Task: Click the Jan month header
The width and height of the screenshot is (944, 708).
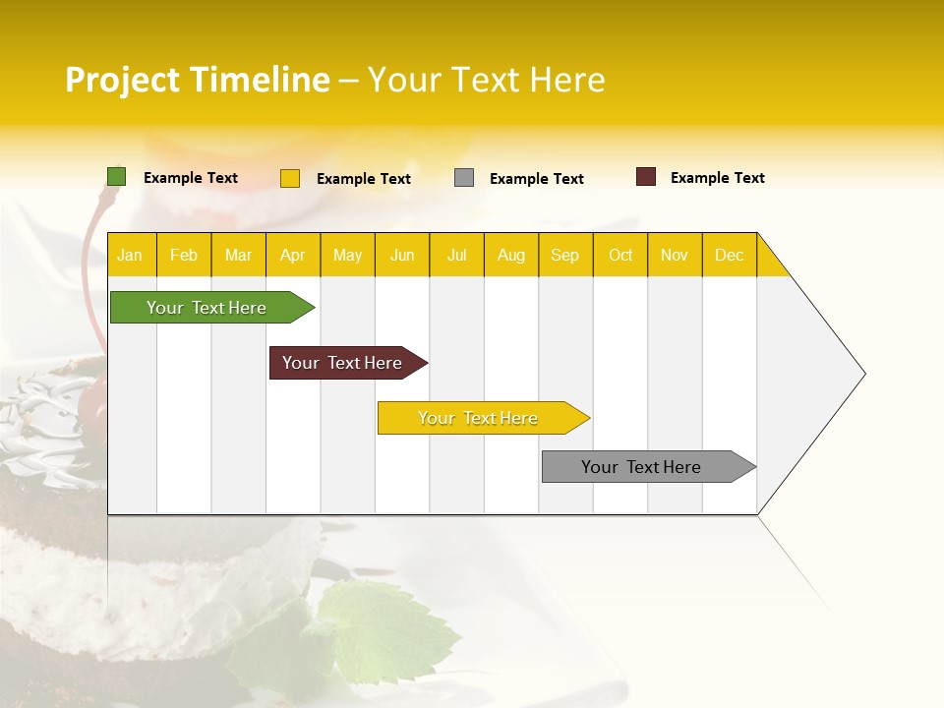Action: click(x=130, y=255)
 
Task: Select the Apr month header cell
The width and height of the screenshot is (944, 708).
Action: click(x=293, y=255)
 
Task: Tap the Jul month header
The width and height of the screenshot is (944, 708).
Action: click(x=456, y=255)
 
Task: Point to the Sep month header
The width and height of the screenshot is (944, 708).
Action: click(x=564, y=255)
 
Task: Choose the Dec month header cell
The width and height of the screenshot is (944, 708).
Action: click(x=729, y=255)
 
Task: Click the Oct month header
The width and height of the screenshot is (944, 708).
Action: click(x=619, y=255)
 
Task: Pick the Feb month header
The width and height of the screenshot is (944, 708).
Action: click(x=184, y=255)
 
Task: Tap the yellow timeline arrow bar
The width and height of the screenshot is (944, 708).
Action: click(x=480, y=418)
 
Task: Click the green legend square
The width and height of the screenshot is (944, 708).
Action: click(x=116, y=177)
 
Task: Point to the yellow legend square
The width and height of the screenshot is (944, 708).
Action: click(x=290, y=178)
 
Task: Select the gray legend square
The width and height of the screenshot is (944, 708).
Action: click(x=464, y=178)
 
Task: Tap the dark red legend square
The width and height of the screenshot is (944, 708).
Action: click(x=646, y=177)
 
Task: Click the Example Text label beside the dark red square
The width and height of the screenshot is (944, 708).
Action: click(x=717, y=178)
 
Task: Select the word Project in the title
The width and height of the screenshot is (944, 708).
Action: click(x=122, y=80)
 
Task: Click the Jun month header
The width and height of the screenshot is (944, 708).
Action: click(x=402, y=255)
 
